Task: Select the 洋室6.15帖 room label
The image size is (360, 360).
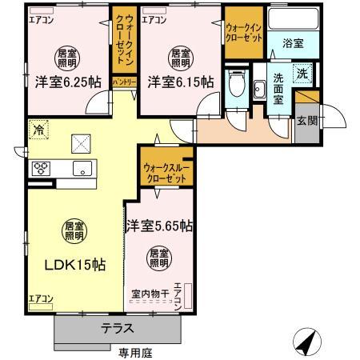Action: [180, 82]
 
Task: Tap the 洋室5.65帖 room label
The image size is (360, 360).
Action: [158, 226]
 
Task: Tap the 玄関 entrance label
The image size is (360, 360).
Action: [306, 121]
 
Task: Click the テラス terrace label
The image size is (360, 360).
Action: [118, 329]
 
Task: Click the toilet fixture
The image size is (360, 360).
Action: [235, 84]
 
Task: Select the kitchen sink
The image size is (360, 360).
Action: [82, 168]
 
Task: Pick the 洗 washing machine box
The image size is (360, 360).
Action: [302, 74]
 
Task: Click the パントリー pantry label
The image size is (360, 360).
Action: [123, 82]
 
